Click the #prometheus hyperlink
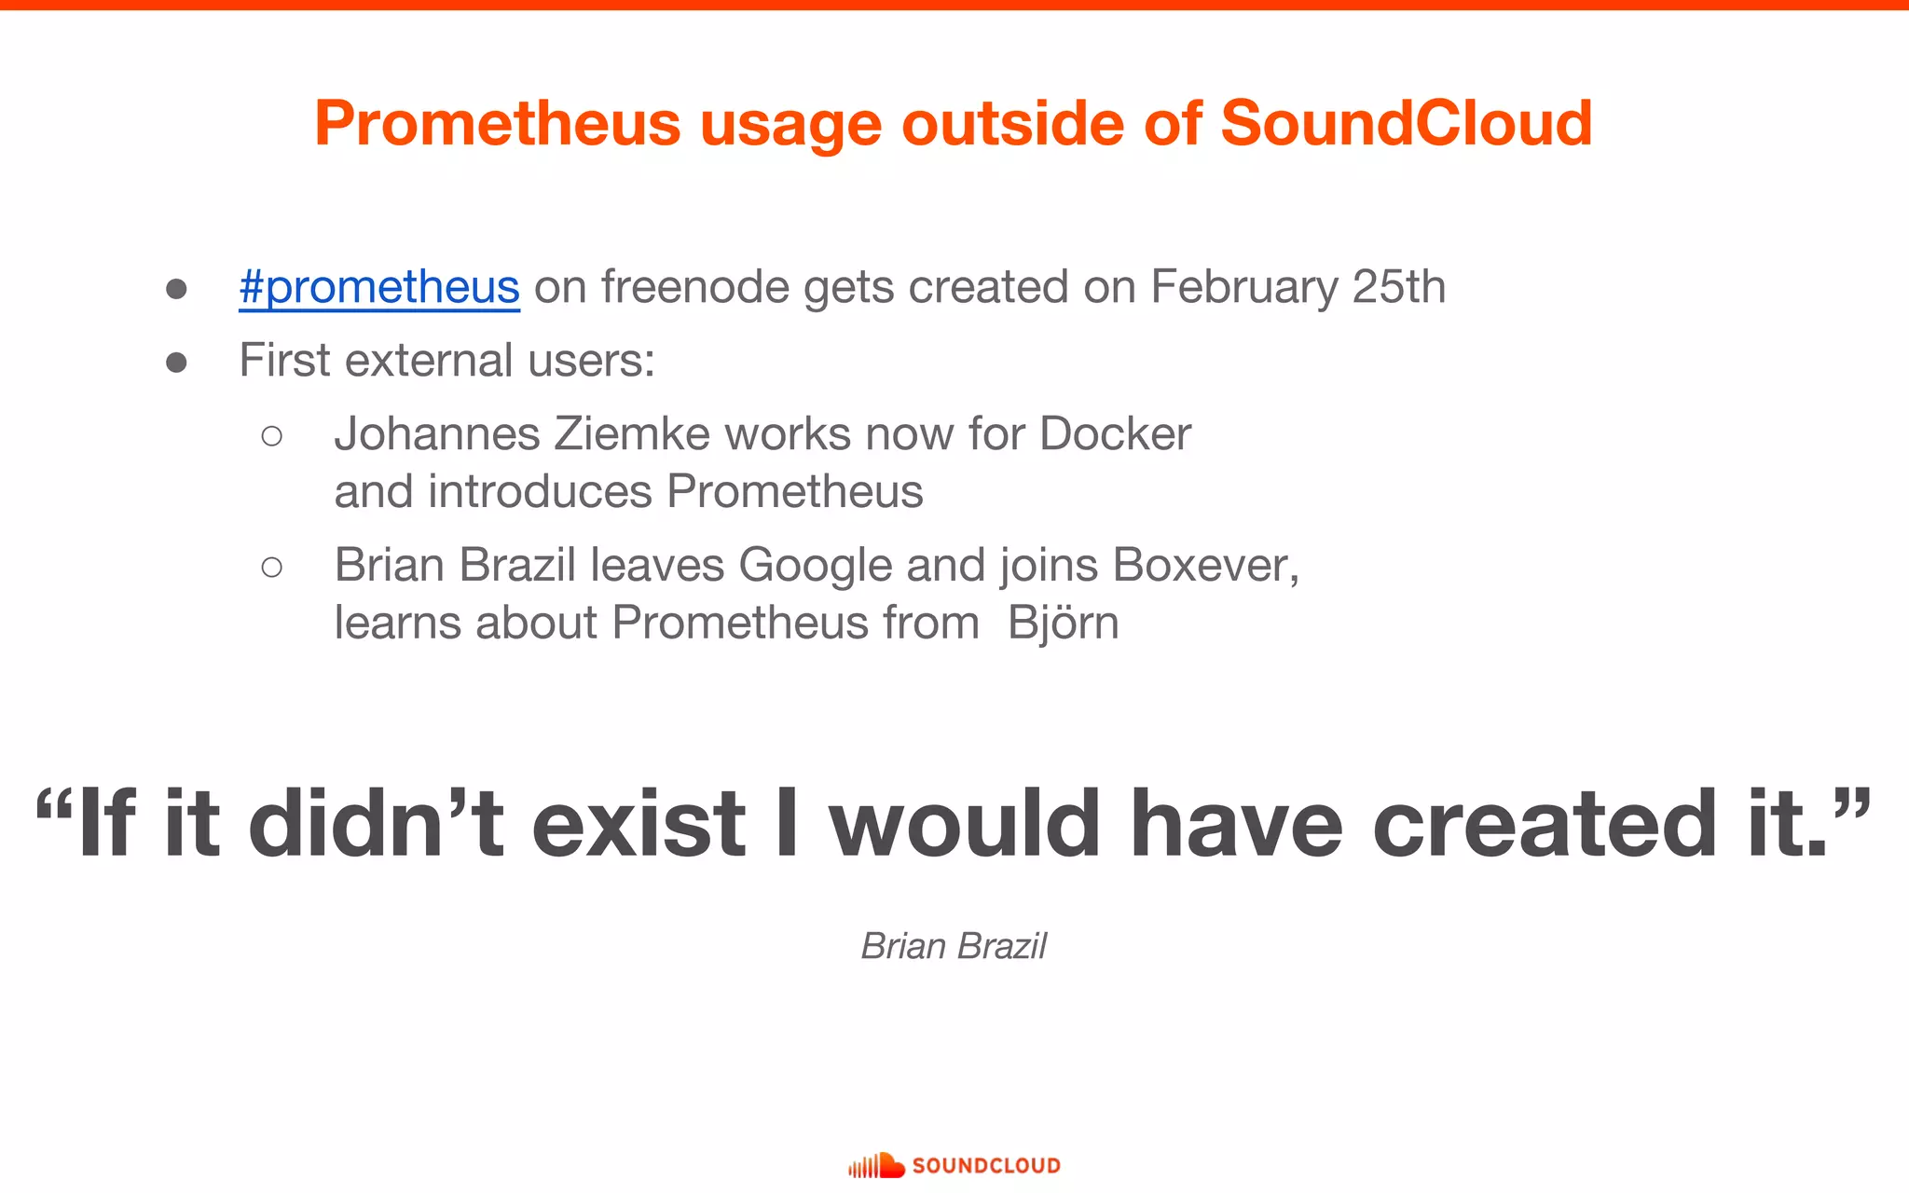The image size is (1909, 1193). coord(378,287)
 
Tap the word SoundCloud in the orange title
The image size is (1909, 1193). coord(1406,123)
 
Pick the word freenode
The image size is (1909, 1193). coord(694,286)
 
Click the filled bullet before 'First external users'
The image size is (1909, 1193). coord(176,362)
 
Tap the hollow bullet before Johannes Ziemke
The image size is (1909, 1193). coord(271,435)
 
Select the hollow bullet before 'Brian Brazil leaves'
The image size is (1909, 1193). coord(271,567)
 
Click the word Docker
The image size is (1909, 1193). coord(1115,433)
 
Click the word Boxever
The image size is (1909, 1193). coord(1205,565)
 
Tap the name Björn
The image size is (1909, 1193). coord(1063,623)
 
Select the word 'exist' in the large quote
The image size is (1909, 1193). coord(639,824)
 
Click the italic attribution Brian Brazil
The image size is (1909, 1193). coord(954,946)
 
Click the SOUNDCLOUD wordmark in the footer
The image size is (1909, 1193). coord(986,1166)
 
